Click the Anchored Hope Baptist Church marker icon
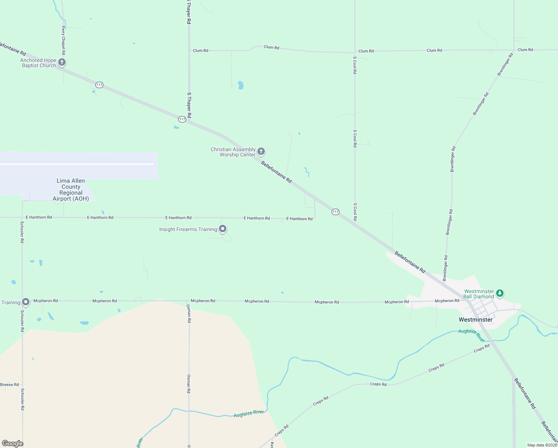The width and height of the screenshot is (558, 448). [x=62, y=62]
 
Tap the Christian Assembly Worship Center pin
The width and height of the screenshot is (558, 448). [x=261, y=151]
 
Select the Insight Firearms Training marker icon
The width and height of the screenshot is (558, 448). [x=223, y=228]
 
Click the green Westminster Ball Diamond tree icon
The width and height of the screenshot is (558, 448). [x=500, y=293]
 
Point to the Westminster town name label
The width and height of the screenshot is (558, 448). [x=476, y=320]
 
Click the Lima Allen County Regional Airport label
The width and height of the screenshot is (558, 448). [x=71, y=190]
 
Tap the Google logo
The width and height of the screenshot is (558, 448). [x=12, y=444]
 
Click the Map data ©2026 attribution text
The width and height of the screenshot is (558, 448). [x=542, y=445]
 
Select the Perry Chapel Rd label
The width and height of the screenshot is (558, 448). [x=63, y=40]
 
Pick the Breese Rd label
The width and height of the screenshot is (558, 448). [x=9, y=385]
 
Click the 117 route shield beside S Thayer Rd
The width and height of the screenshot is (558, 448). [x=182, y=119]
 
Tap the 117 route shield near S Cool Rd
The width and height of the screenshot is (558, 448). [x=335, y=212]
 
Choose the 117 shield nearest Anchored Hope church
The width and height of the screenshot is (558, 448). [x=99, y=85]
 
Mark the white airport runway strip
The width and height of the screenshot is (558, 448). [x=77, y=164]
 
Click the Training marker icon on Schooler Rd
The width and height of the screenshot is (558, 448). [x=26, y=301]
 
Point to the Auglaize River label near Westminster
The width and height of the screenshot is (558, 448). [x=472, y=335]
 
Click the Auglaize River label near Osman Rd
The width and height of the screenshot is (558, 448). [x=249, y=413]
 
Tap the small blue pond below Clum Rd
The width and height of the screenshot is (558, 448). [x=241, y=85]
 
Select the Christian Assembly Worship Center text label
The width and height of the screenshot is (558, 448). [x=233, y=152]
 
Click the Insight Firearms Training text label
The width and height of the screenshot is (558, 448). [x=188, y=229]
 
